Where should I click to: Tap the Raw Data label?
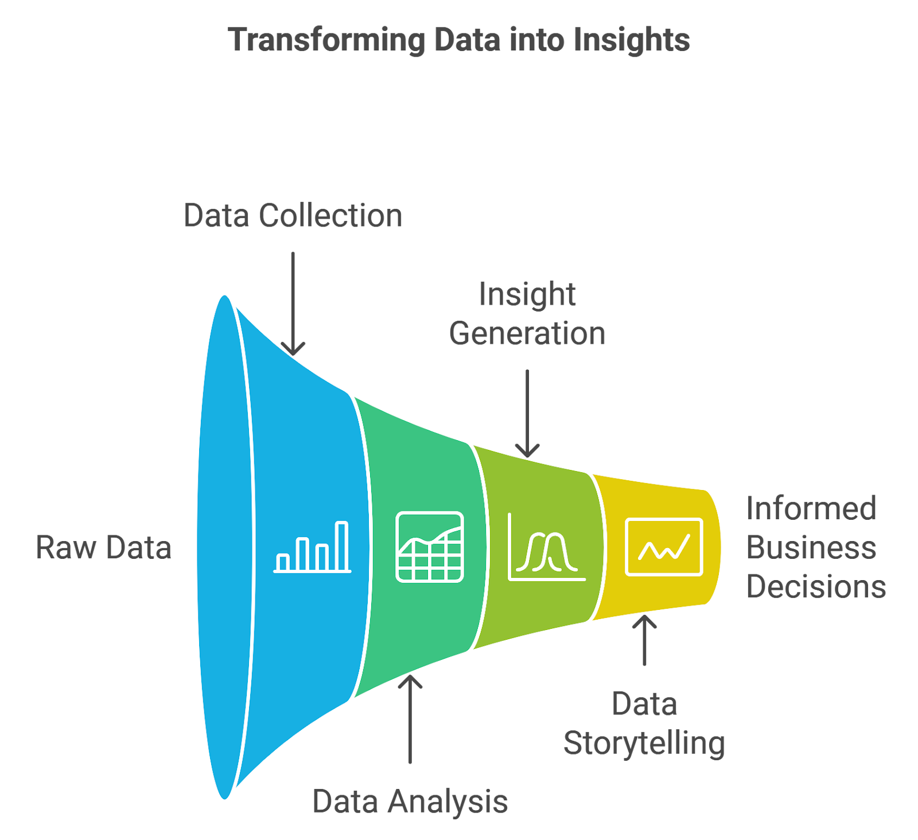(104, 547)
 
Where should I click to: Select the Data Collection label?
(293, 216)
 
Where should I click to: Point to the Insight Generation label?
(527, 314)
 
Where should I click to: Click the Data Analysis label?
(410, 801)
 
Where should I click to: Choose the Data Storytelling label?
(644, 724)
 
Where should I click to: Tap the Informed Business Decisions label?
(815, 547)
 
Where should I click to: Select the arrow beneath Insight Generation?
(527, 413)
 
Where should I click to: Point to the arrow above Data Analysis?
(410, 720)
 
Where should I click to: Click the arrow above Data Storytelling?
(644, 640)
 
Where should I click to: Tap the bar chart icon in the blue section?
(313, 547)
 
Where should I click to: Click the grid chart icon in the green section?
(430, 547)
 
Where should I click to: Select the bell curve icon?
(546, 547)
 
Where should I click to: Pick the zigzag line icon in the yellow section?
(664, 547)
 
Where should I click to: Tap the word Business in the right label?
(811, 547)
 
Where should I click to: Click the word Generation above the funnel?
(527, 333)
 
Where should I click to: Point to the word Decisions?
(816, 586)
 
